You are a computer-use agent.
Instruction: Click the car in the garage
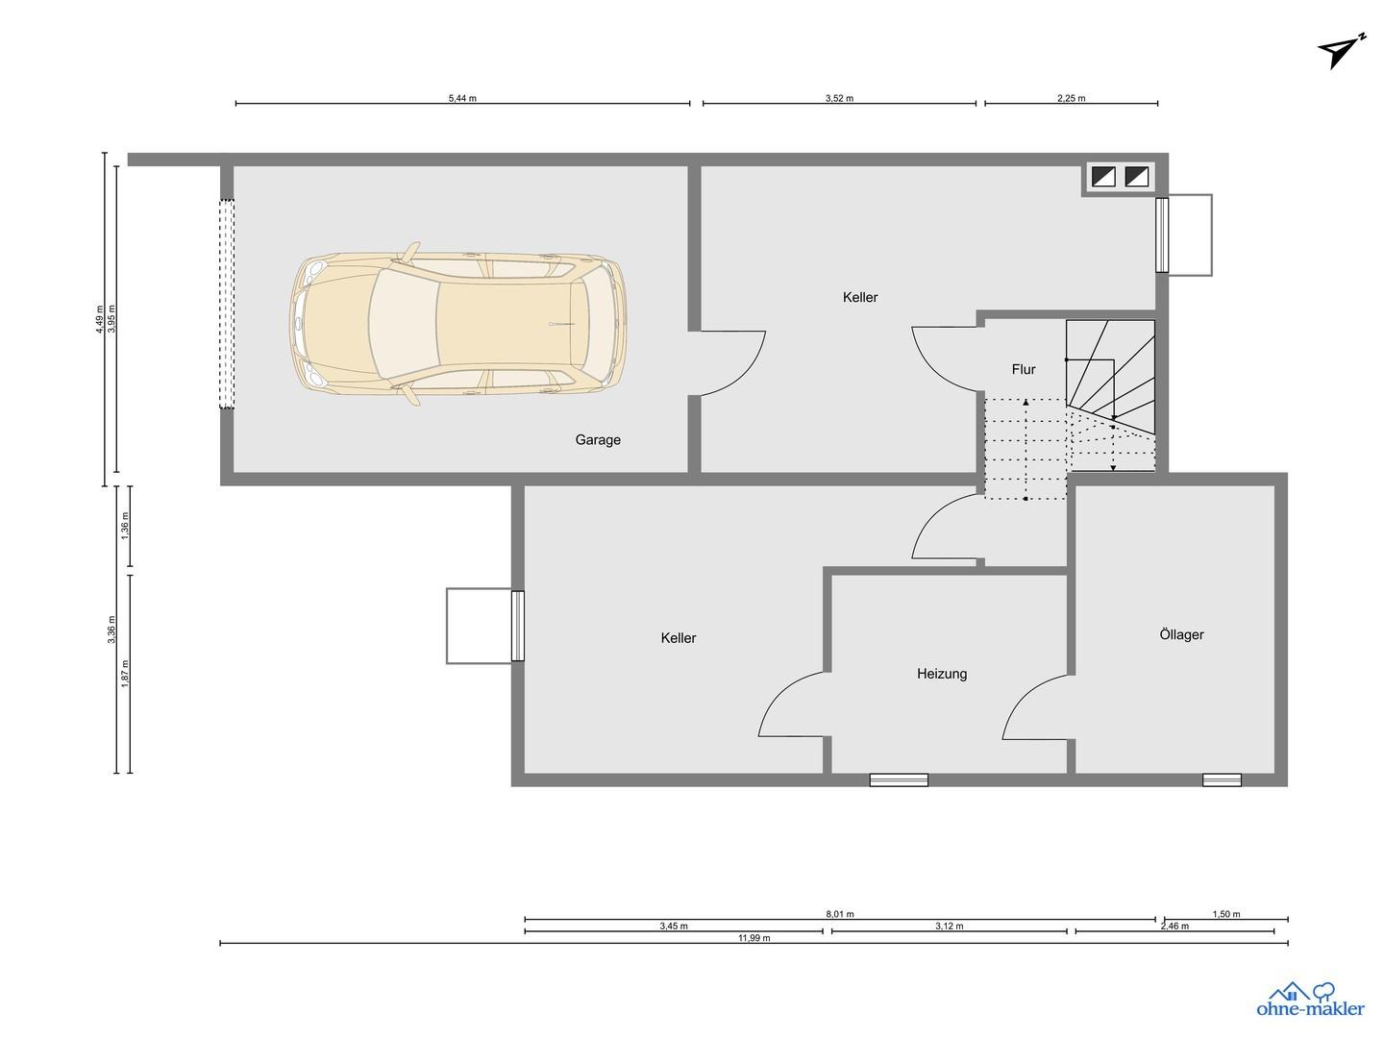click(457, 323)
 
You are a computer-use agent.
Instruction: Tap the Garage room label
click(598, 440)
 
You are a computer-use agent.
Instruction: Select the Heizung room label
click(941, 674)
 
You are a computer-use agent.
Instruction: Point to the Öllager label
click(1181, 634)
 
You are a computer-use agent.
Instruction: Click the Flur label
click(1023, 369)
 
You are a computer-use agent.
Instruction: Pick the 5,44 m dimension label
click(462, 98)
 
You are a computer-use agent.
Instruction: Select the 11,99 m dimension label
click(754, 938)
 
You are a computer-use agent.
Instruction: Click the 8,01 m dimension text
click(840, 914)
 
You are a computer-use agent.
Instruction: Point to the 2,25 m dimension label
click(1072, 98)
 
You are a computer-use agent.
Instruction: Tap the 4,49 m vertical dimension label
click(100, 319)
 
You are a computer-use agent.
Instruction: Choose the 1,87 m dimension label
click(126, 673)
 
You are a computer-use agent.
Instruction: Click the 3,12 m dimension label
click(949, 926)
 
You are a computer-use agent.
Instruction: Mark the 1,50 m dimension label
click(1225, 914)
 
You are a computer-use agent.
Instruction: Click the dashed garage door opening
click(227, 304)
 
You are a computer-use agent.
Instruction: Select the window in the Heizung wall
click(899, 780)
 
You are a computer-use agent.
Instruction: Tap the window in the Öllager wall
click(1222, 780)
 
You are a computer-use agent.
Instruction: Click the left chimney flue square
click(1102, 177)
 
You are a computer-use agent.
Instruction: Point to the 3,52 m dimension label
click(839, 98)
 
